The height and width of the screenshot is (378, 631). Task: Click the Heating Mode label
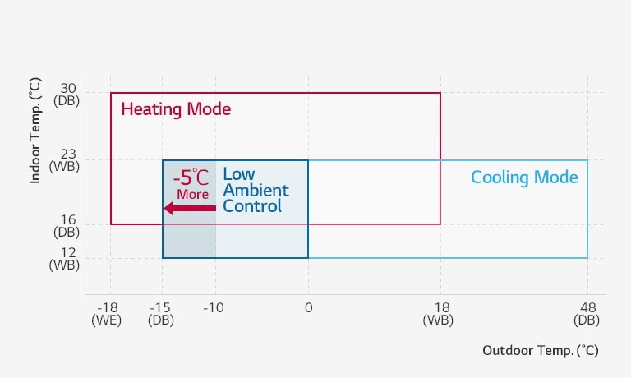tap(176, 109)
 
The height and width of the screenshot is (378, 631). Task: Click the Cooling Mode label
tap(524, 177)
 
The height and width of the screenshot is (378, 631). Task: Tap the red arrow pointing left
tap(190, 208)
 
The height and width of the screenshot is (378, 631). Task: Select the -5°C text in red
tap(191, 177)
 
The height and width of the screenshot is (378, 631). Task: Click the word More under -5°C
tap(193, 195)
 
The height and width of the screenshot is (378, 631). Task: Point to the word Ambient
tap(256, 191)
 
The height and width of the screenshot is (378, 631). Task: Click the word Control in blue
tap(252, 206)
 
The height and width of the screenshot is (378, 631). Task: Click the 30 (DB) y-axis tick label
tap(67, 94)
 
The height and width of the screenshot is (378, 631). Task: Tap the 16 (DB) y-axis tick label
tap(67, 226)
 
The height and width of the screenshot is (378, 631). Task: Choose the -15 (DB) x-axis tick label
tap(161, 314)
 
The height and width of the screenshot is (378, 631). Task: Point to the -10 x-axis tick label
tap(214, 308)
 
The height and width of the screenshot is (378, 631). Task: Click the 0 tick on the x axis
tap(308, 308)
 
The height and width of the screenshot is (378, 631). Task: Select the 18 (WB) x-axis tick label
tap(439, 314)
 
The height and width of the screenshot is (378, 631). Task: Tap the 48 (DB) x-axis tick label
tap(587, 314)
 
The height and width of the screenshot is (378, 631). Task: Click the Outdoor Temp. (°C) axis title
tap(541, 350)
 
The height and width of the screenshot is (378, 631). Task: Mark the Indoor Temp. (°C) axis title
tap(35, 131)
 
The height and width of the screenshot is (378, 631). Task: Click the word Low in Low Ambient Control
tap(238, 174)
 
